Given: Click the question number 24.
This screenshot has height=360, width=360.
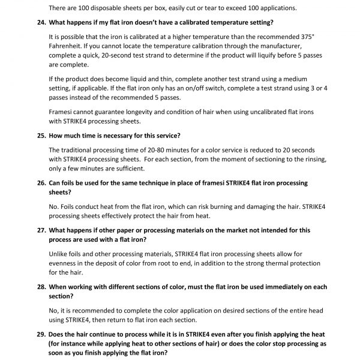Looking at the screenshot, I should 38,22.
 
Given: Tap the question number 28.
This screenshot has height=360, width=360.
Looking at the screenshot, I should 38,287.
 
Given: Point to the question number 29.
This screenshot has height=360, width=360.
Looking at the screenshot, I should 38,334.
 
